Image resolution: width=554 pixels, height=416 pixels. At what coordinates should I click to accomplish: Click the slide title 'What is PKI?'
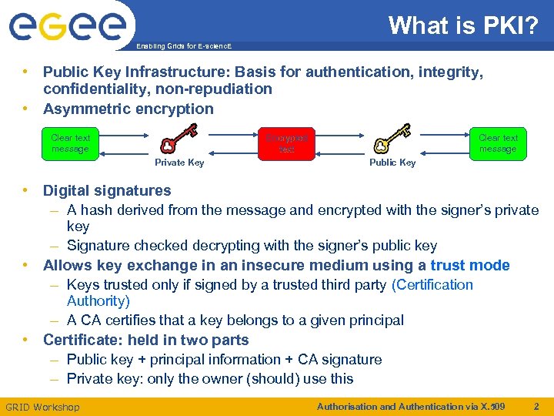(x=464, y=25)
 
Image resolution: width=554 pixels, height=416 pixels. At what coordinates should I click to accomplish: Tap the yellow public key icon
(x=392, y=139)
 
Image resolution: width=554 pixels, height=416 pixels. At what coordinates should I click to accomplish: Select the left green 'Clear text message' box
(x=71, y=143)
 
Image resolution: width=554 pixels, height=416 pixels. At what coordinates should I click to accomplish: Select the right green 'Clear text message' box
(x=498, y=143)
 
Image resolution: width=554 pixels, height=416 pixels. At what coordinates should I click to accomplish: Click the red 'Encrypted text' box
(x=286, y=143)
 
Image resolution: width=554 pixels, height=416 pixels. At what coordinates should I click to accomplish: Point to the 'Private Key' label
(x=179, y=163)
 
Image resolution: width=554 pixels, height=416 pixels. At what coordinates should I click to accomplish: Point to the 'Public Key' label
(x=392, y=163)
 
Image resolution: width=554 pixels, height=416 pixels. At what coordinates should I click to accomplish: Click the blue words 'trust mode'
(x=470, y=266)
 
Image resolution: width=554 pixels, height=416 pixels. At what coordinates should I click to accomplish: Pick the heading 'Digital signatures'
(x=107, y=190)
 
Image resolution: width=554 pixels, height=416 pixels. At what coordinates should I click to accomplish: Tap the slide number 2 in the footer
(x=537, y=406)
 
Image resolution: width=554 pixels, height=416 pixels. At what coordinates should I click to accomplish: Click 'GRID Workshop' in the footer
(x=42, y=407)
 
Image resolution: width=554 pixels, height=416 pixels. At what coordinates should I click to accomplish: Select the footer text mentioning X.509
(x=411, y=406)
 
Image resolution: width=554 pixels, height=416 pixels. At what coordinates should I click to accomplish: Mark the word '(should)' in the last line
(x=273, y=378)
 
